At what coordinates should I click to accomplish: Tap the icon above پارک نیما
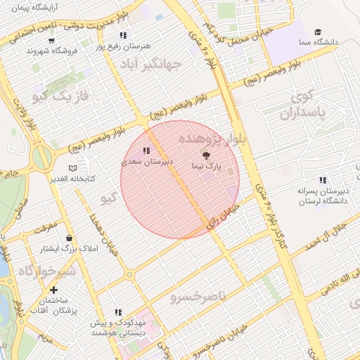click(x=206, y=156)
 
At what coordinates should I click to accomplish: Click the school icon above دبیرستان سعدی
click(x=146, y=150)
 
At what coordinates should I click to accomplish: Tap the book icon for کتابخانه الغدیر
click(x=72, y=168)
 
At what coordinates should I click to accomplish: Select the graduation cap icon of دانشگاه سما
click(x=317, y=32)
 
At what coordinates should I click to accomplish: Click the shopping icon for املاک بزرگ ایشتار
click(x=68, y=238)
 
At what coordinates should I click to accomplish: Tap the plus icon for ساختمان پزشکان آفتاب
click(x=53, y=289)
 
